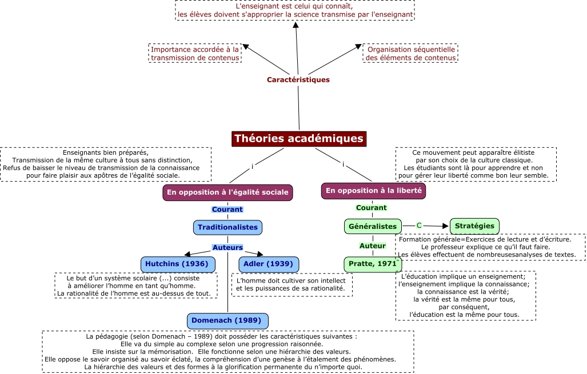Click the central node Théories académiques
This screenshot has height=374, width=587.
[298, 139]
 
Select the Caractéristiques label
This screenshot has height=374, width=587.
[298, 80]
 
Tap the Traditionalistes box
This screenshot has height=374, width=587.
[227, 227]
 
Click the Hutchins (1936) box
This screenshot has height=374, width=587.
[178, 264]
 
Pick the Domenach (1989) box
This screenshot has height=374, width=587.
[227, 321]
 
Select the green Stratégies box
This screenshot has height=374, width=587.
[474, 226]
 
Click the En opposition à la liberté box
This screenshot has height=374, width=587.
[373, 191]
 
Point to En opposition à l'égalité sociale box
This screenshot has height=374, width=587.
[227, 192]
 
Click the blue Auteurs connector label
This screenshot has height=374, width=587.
[227, 248]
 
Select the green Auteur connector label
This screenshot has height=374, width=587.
[372, 246]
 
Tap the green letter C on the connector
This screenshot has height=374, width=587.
[419, 226]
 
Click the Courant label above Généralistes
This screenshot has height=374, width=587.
[372, 208]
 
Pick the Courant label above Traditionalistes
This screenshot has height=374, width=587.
[227, 210]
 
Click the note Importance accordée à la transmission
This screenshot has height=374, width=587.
[194, 53]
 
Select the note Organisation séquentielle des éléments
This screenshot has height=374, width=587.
[411, 53]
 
